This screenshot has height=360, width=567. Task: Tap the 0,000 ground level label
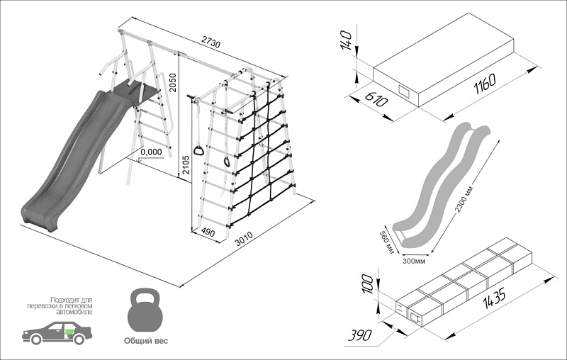coord(151,152)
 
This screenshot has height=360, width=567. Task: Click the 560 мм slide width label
coord(385,238)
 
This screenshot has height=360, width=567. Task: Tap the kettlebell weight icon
coord(146,309)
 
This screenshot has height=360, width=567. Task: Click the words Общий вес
coord(146,340)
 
